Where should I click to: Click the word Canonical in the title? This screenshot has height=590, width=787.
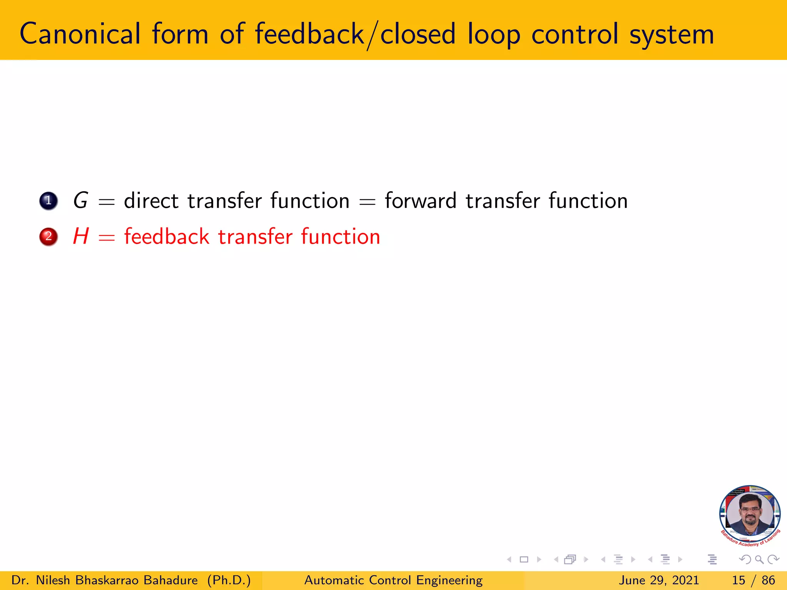[80, 34]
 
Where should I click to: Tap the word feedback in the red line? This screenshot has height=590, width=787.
[166, 236]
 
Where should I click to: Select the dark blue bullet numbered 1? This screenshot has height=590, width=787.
[48, 201]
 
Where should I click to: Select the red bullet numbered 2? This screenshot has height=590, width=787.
[48, 237]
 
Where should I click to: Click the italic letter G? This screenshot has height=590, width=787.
[81, 201]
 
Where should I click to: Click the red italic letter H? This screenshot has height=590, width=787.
[81, 236]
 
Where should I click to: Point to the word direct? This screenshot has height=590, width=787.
[151, 201]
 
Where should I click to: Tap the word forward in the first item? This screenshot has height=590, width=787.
[420, 201]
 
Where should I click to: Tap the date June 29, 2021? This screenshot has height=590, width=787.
[658, 580]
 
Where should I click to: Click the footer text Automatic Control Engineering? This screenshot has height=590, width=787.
[393, 580]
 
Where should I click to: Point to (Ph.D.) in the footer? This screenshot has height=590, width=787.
[229, 580]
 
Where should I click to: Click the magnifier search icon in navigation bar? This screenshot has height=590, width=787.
[759, 560]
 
